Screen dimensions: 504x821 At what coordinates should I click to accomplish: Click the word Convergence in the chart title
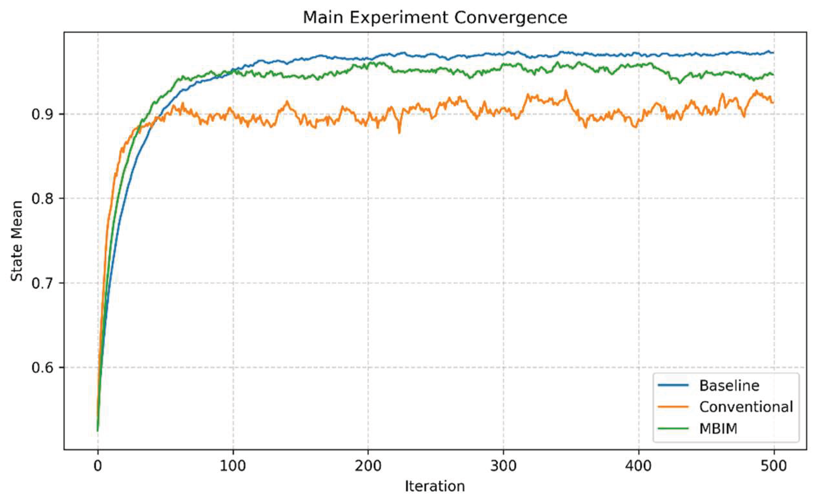point(511,17)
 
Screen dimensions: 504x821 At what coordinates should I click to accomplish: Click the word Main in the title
point(323,17)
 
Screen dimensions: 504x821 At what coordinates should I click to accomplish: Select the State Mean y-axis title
point(17,241)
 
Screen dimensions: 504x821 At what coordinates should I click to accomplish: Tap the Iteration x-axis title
point(435,486)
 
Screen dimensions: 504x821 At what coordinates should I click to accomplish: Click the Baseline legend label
point(729,385)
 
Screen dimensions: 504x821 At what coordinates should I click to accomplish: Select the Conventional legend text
point(746,407)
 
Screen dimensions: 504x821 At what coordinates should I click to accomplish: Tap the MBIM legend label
point(718,428)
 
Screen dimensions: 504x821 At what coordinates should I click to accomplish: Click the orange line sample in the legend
point(673,407)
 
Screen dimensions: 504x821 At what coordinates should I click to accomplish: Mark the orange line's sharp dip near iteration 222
point(399,132)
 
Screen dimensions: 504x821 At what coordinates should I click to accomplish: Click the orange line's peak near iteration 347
point(566,91)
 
